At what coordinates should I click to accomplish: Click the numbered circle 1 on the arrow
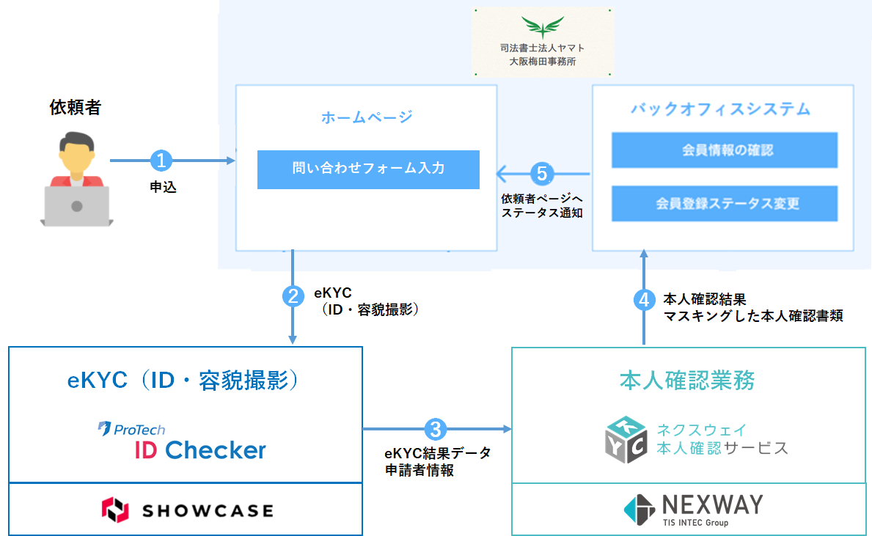tap(161, 160)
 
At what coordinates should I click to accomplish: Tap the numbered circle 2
tap(293, 296)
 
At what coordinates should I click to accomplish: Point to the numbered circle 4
tap(644, 299)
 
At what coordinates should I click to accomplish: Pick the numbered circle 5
tap(541, 174)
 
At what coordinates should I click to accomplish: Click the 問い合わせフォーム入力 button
tap(368, 169)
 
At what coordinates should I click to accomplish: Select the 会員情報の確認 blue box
tap(725, 150)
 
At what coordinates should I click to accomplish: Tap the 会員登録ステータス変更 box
tap(725, 203)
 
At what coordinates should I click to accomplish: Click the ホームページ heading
tap(367, 117)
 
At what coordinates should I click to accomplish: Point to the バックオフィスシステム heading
tap(721, 109)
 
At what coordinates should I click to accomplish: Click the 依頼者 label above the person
tap(75, 107)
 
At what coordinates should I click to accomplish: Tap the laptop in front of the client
tap(76, 206)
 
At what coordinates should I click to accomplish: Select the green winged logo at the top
tap(542, 29)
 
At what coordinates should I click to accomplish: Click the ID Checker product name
tap(200, 449)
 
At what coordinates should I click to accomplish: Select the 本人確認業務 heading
tap(687, 380)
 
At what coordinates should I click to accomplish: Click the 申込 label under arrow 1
tap(163, 188)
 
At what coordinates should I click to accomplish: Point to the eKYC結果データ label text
tap(438, 453)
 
